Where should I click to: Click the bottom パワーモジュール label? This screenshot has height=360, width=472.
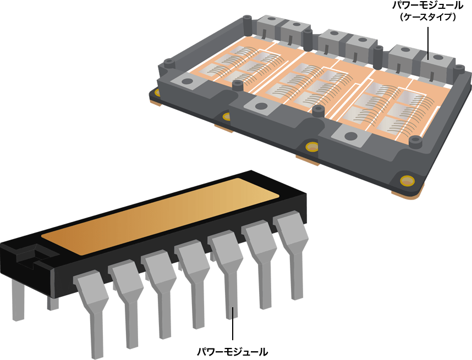coord(232,351)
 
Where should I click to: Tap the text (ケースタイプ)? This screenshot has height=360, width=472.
coord(427,17)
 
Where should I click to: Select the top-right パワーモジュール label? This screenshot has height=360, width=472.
coord(427,5)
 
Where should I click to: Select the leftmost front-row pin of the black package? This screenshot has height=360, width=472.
coord(91,313)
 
